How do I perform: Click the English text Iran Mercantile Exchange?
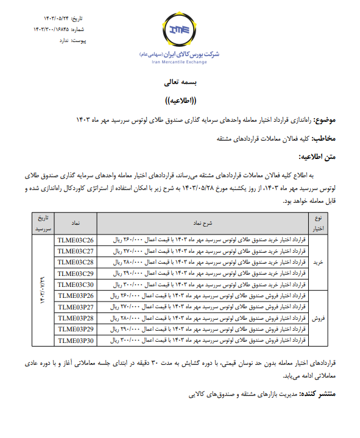coord(181,61)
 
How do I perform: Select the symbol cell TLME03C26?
coord(76,240)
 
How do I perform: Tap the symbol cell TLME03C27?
coord(76,251)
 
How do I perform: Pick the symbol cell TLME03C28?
coord(76,262)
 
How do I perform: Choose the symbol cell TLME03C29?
coord(76,274)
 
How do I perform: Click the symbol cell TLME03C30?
coord(76,284)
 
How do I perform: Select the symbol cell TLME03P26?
coord(76,295)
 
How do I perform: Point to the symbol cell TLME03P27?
coord(76,306)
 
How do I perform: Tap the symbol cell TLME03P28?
coord(76,318)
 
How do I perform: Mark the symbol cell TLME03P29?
coord(76,329)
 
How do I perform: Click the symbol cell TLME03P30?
coord(76,340)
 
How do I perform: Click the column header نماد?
coord(76,224)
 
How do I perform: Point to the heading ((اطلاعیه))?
coord(181,101)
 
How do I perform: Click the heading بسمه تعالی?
coord(181,82)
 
